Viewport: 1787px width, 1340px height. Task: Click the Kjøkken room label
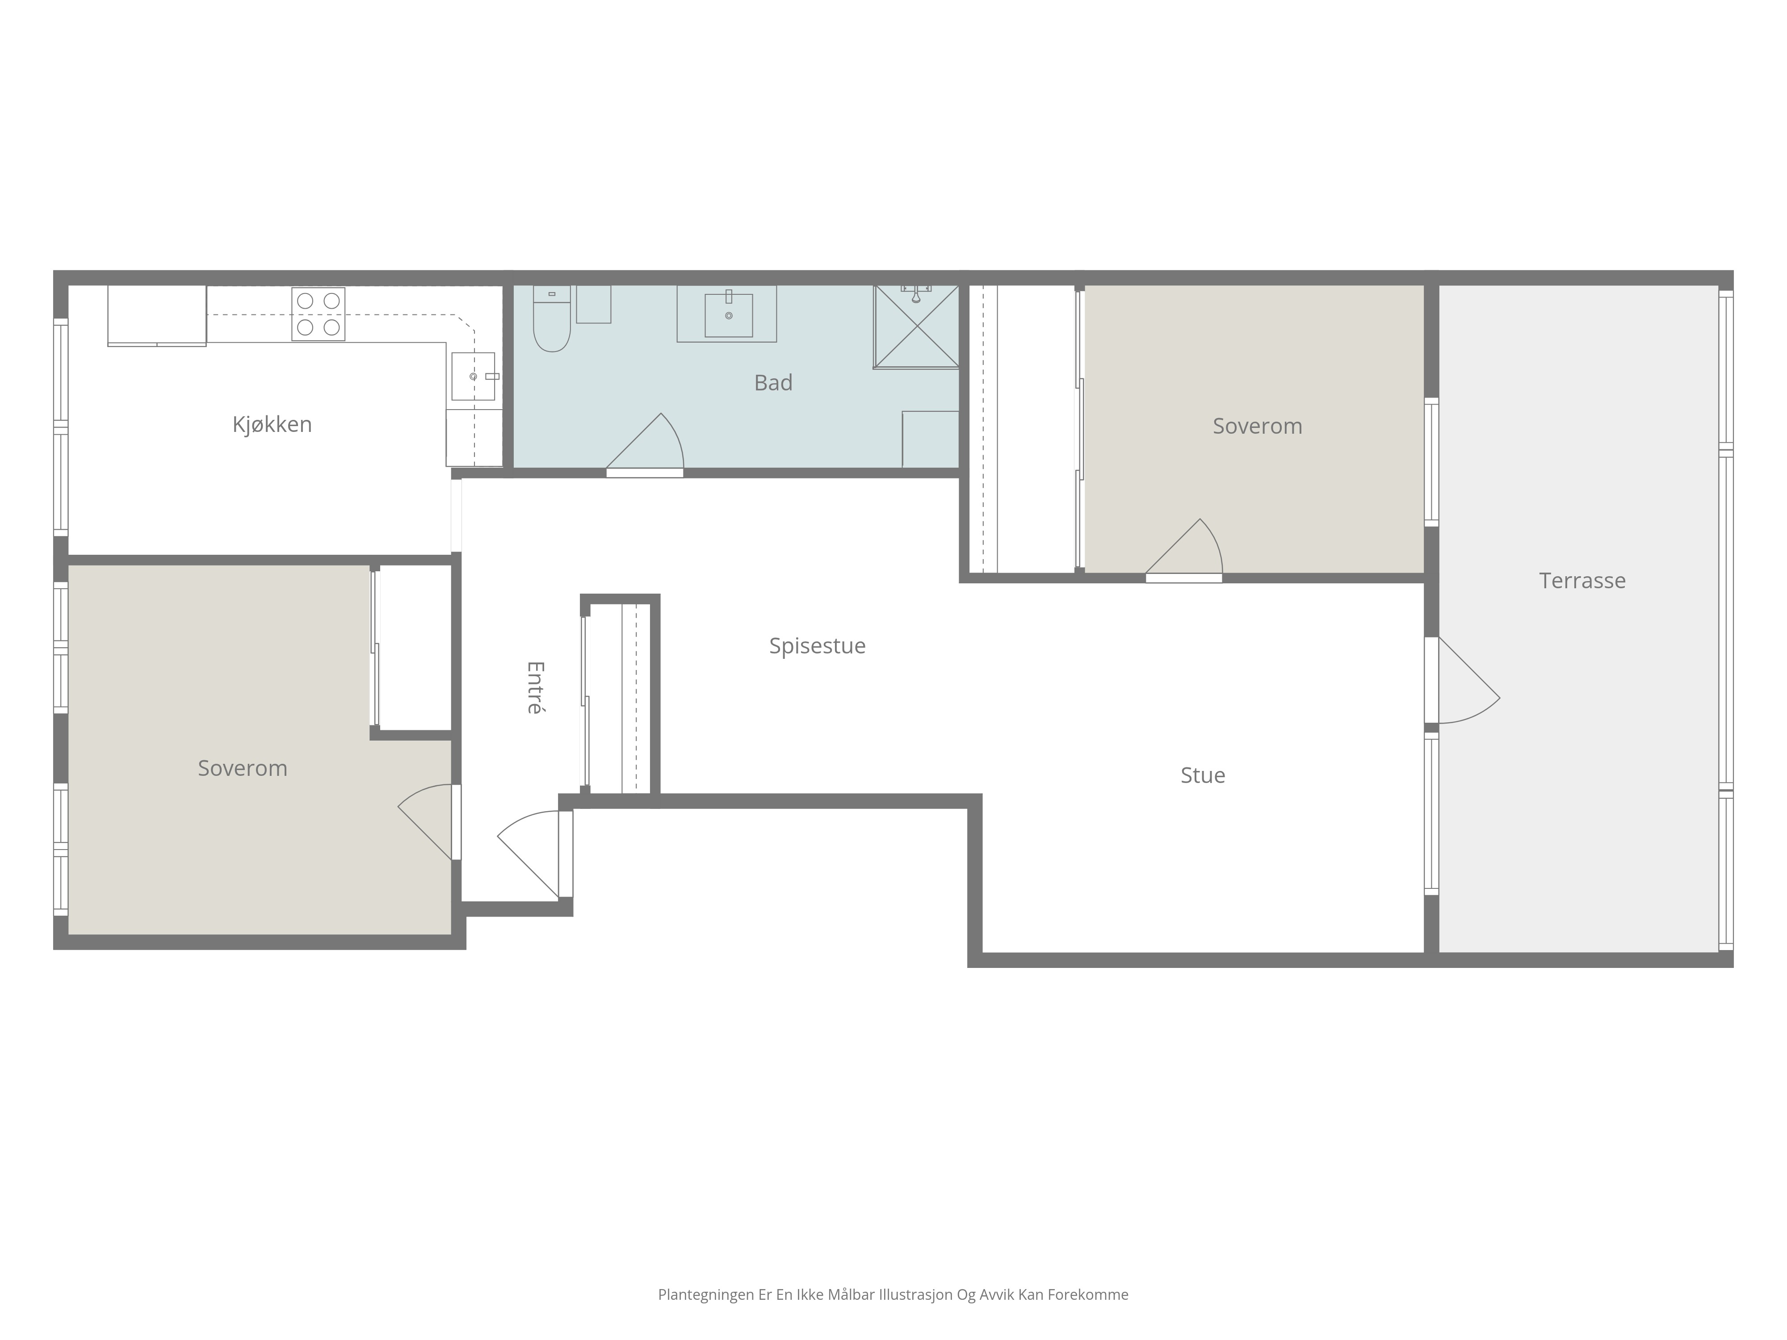[272, 424]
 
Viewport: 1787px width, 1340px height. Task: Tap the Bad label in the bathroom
[773, 383]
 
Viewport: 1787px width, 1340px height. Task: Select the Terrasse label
[1582, 581]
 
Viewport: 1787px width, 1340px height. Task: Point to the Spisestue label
[817, 646]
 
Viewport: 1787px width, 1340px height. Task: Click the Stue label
[1202, 775]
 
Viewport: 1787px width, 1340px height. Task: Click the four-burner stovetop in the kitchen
[318, 314]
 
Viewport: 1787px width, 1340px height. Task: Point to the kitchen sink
[473, 377]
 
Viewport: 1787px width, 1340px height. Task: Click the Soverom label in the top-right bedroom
[1257, 427]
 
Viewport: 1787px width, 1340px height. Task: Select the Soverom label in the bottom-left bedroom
[242, 768]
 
